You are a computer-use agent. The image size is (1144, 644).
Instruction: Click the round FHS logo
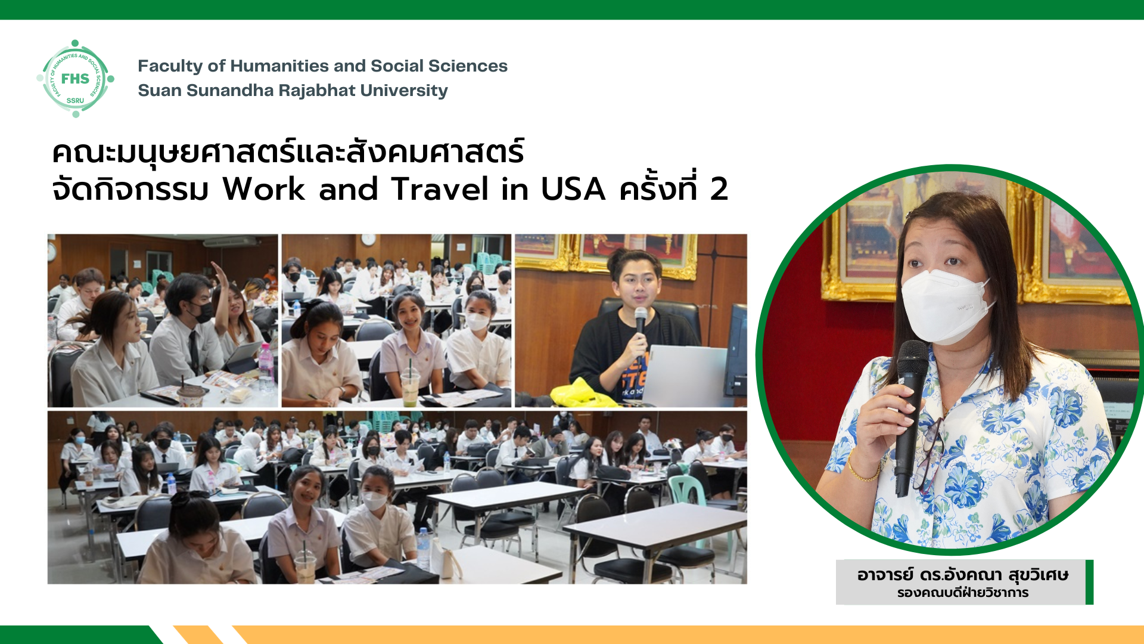pyautogui.click(x=75, y=79)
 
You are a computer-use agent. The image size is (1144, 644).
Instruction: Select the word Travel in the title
pyautogui.click(x=440, y=189)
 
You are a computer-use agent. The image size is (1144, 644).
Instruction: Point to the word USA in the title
pyautogui.click(x=573, y=190)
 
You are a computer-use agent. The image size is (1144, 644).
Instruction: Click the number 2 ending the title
pyautogui.click(x=719, y=190)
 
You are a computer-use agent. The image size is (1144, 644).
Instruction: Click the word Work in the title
pyautogui.click(x=264, y=189)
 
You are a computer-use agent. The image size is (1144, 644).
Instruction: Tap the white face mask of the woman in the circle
pyautogui.click(x=947, y=305)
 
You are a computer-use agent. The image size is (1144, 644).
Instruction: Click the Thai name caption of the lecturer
pyautogui.click(x=962, y=575)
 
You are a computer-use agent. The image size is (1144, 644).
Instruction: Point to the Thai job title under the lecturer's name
pyautogui.click(x=962, y=593)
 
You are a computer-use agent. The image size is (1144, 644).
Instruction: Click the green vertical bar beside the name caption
pyautogui.click(x=1089, y=582)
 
